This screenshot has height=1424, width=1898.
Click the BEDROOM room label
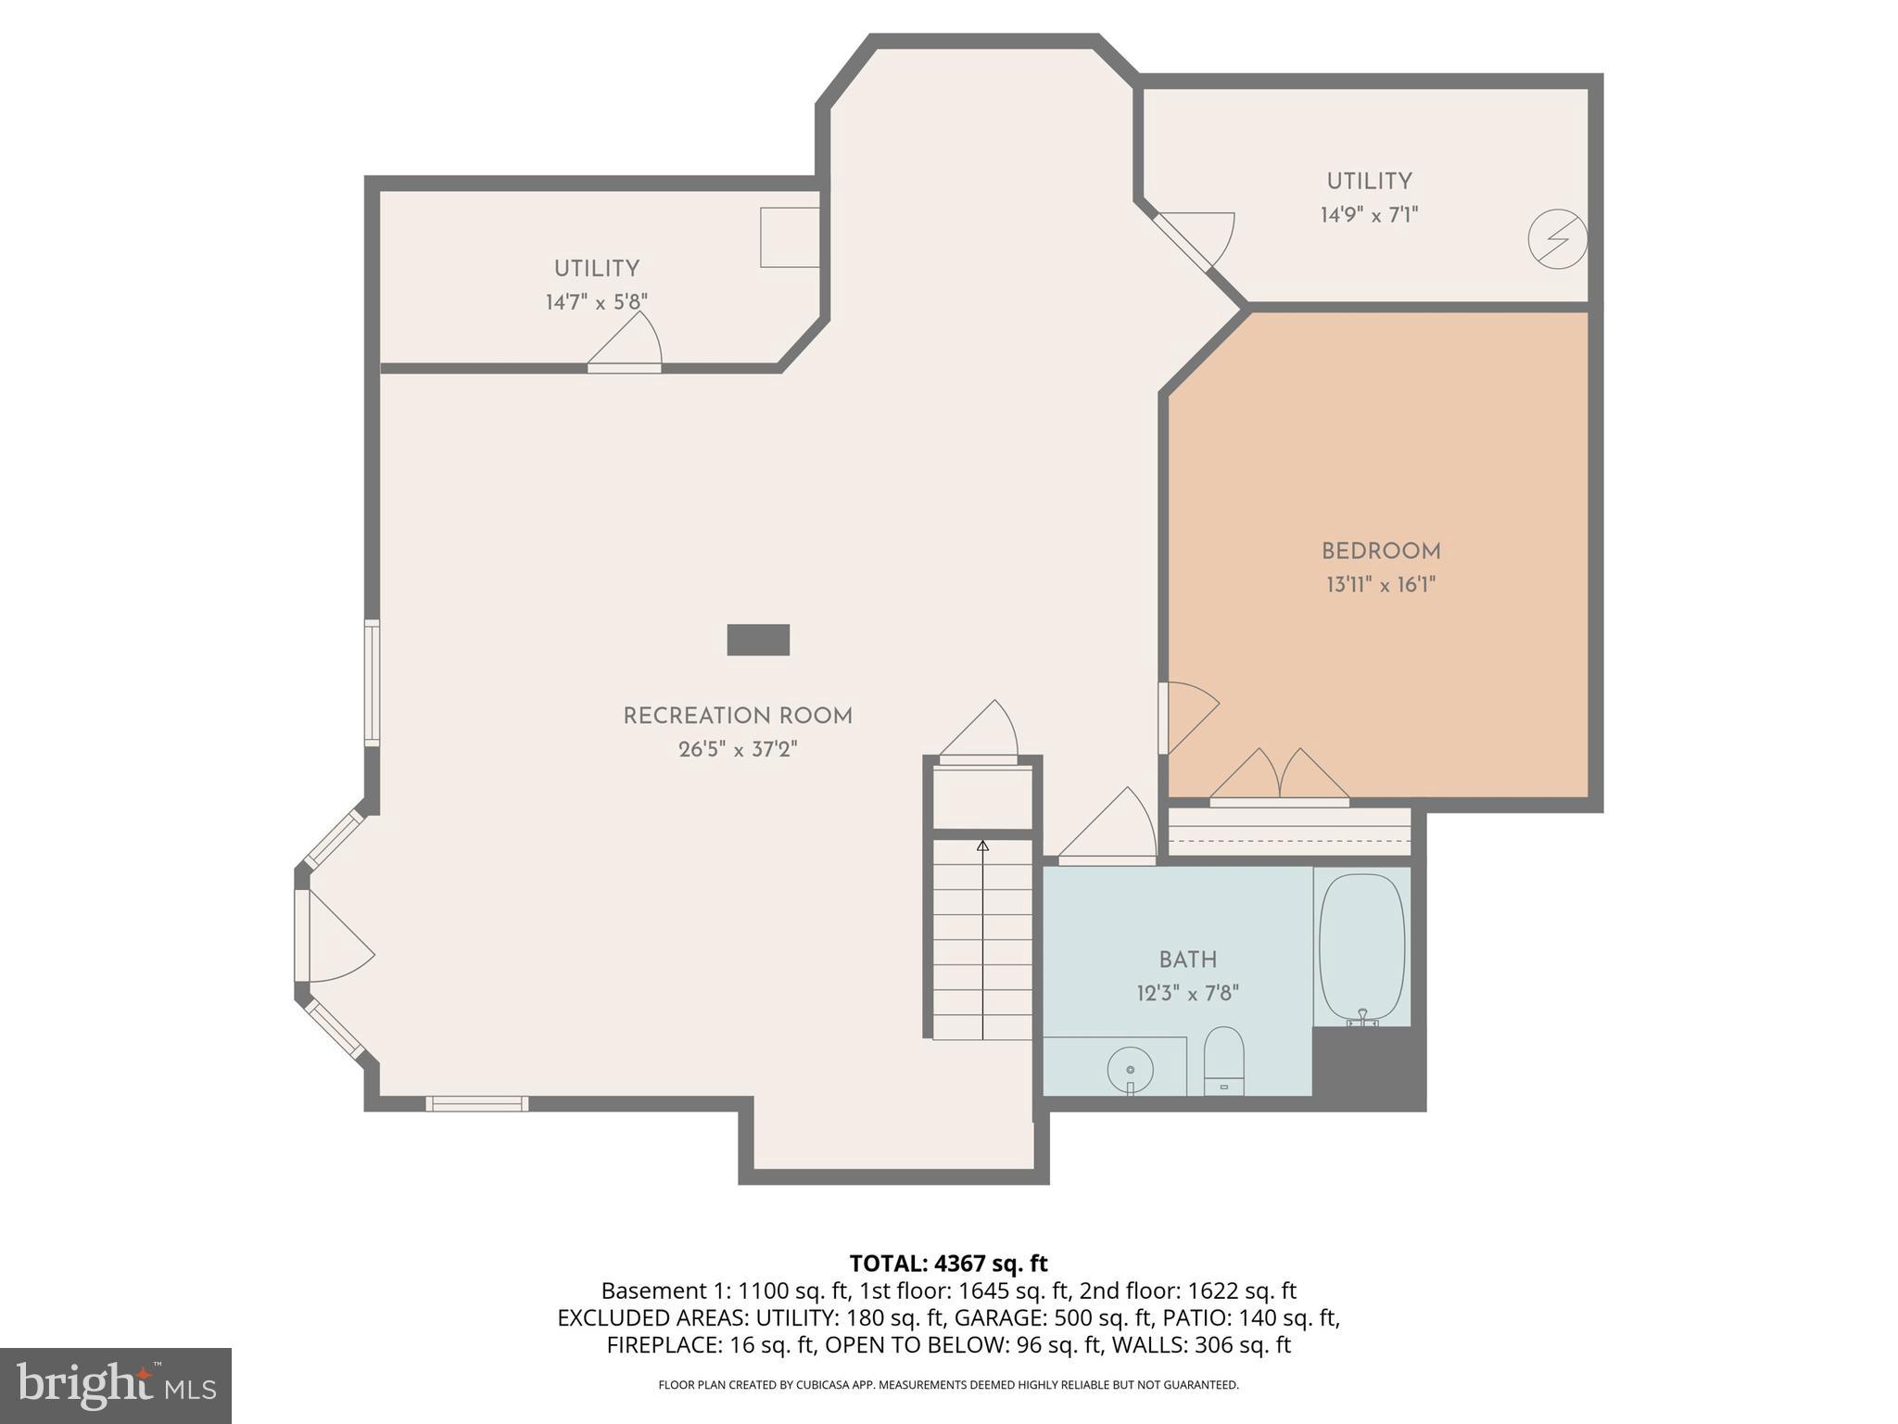point(1380,552)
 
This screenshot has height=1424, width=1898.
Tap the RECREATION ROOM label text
point(737,717)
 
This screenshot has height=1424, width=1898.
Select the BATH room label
point(1187,960)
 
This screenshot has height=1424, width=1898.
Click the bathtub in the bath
point(1361,947)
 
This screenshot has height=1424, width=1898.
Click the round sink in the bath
point(1130,1071)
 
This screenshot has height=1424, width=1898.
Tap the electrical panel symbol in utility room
point(1557,240)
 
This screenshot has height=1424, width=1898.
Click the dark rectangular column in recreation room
point(757,640)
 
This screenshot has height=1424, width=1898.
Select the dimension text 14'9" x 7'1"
point(1369,215)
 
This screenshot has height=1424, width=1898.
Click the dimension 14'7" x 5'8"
point(596,302)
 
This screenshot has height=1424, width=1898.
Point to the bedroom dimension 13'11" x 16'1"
point(1380,585)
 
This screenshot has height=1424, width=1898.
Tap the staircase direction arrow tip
point(982,845)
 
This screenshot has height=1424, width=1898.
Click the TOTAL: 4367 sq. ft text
point(948,1263)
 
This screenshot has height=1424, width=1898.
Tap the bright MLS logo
point(115,1385)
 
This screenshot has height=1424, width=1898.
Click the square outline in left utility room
point(790,237)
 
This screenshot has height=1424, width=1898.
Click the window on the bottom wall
point(476,1103)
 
